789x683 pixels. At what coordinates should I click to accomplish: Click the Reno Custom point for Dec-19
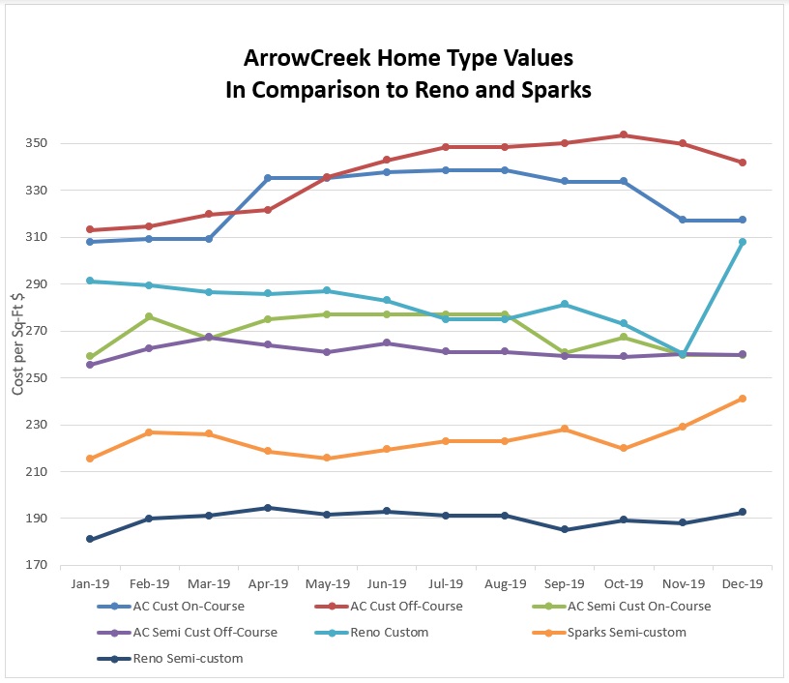coord(742,242)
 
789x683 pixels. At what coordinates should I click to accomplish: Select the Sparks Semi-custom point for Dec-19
coord(742,399)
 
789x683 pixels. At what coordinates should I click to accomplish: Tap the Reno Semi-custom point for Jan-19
coord(90,539)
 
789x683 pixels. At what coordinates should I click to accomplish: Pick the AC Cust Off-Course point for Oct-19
coord(624,135)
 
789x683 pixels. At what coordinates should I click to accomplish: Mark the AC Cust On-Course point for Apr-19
coord(268,178)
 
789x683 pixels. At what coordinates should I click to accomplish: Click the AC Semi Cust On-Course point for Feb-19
coord(149,316)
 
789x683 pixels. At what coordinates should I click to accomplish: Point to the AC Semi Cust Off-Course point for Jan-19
coord(90,365)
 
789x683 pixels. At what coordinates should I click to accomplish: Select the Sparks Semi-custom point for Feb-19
coord(149,432)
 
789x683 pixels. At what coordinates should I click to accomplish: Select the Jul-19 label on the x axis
coord(446,584)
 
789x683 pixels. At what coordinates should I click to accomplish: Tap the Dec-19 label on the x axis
coord(742,584)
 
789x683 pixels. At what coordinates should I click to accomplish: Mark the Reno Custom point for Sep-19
coord(565,305)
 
